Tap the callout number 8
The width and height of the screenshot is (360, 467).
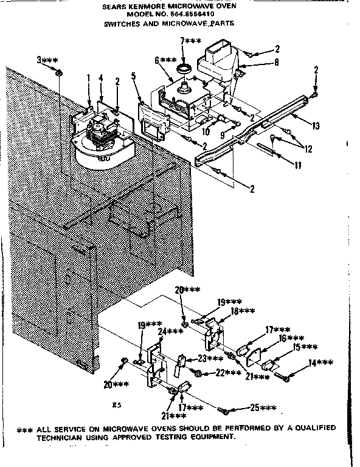tap(276, 62)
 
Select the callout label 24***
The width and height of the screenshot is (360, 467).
tap(171, 331)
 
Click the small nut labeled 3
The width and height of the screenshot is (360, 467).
tap(59, 74)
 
